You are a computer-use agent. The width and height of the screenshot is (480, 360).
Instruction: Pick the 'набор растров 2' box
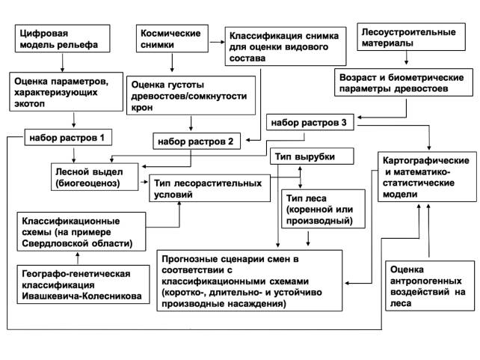pos(197,140)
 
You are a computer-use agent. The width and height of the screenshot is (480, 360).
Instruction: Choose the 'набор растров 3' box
pos(309,123)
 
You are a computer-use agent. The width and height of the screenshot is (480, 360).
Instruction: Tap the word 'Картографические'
pos(425,161)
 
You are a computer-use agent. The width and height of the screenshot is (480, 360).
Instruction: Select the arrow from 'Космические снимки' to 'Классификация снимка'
pos(214,43)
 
